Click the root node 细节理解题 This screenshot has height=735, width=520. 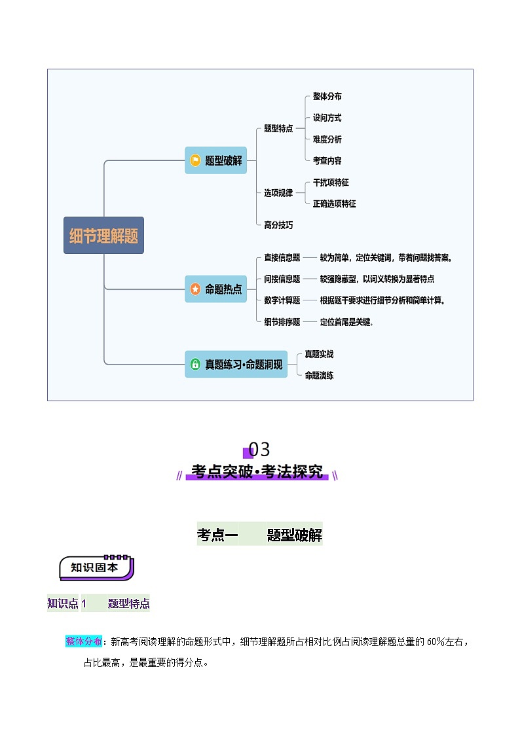[103, 236]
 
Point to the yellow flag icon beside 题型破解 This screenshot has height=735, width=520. [195, 160]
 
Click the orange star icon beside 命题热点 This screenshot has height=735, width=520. [195, 289]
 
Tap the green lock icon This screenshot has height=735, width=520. [195, 365]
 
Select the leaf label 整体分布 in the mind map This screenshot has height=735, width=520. [327, 96]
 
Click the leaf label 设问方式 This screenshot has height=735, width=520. [327, 118]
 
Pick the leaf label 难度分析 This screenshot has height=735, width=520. [327, 139]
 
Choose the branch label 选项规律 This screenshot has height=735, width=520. [278, 193]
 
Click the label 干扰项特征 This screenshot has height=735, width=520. [331, 183]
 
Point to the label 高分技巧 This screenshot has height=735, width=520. [278, 225]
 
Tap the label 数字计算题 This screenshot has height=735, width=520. [282, 300]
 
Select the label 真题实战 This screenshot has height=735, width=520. [319, 354]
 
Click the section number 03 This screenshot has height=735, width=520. [259, 450]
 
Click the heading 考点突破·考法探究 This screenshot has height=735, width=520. [257, 472]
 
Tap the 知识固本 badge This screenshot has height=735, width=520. [96, 567]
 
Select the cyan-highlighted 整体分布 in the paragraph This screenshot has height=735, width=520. [84, 641]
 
